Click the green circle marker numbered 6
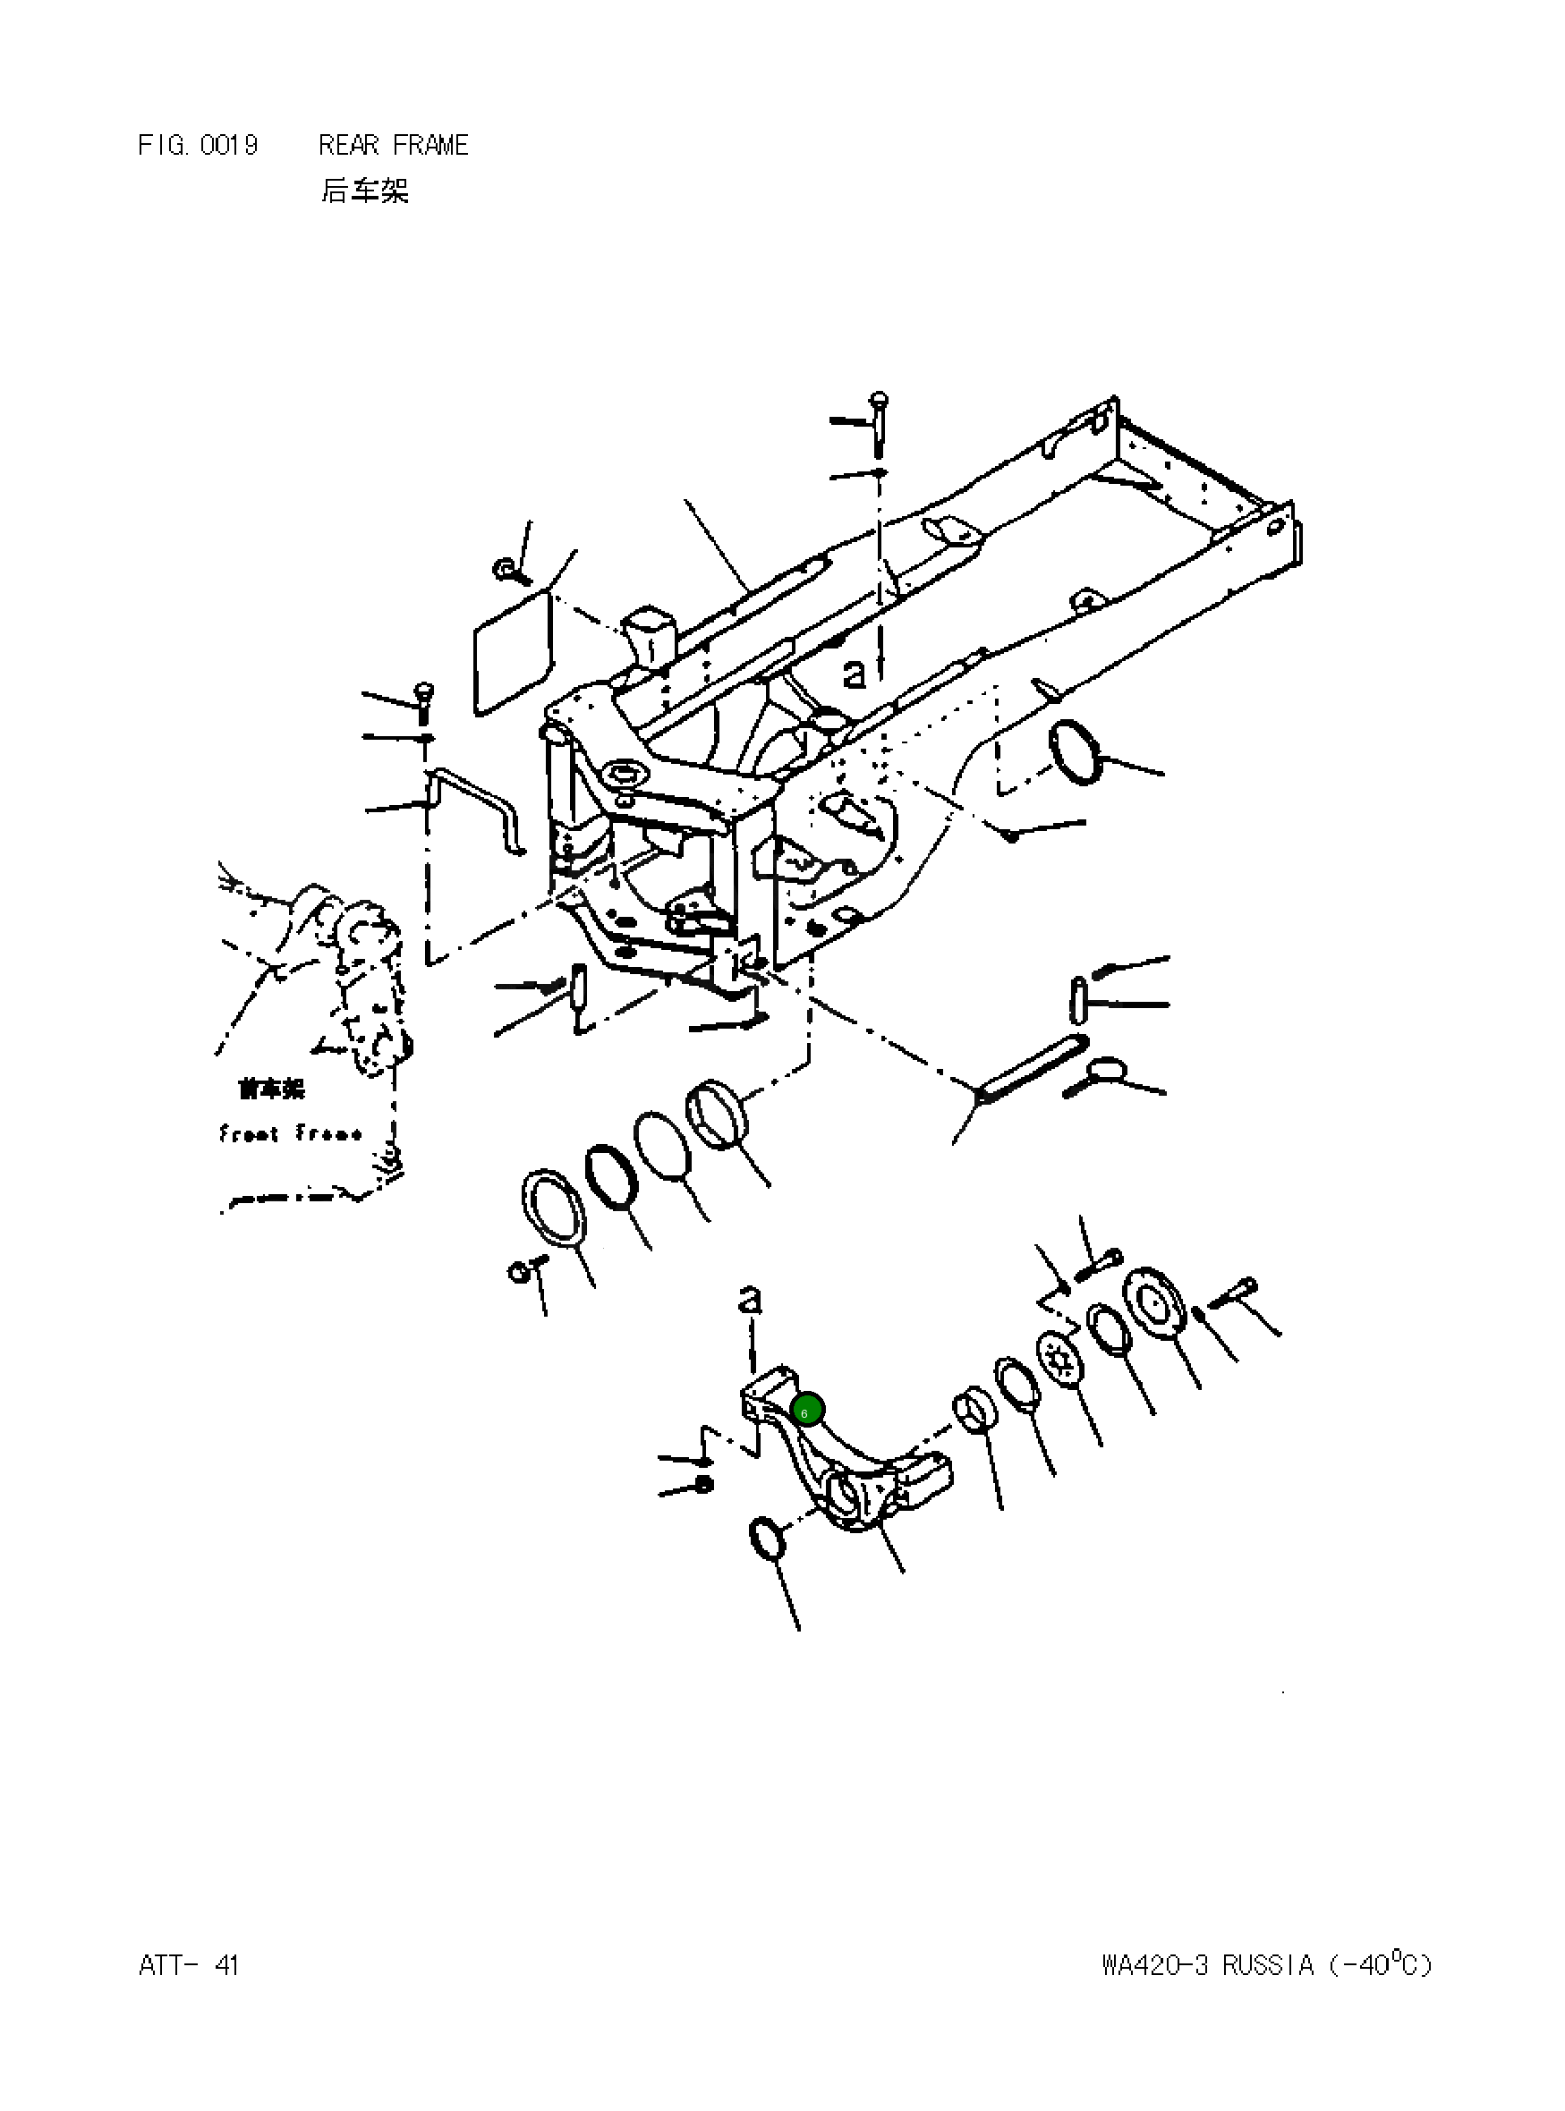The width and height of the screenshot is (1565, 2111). click(807, 1411)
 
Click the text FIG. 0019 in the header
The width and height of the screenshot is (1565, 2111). click(197, 145)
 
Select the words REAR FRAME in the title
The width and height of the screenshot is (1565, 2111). click(393, 145)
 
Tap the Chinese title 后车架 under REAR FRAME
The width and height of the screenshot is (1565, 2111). click(364, 191)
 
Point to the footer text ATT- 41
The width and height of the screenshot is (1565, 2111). click(189, 1965)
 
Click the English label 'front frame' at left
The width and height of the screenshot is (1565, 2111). click(289, 1132)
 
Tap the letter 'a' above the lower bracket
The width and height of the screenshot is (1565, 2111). click(749, 1300)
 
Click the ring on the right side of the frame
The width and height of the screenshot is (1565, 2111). click(1078, 751)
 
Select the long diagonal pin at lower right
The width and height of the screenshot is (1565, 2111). click(1029, 1069)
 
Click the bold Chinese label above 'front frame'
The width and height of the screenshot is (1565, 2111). click(271, 1089)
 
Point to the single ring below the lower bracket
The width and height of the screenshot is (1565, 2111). click(767, 1537)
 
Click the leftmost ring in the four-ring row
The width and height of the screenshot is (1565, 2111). click(554, 1210)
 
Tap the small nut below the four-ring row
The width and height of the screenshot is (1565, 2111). click(519, 1271)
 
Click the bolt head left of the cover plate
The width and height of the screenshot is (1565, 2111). click(504, 569)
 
